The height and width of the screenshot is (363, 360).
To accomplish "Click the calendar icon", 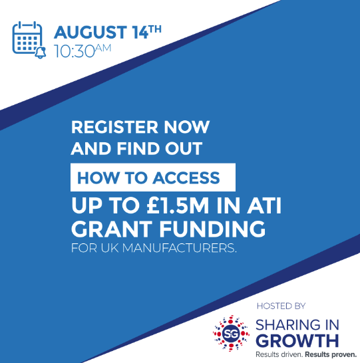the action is [28, 39].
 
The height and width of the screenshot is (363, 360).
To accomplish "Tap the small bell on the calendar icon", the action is [41, 53].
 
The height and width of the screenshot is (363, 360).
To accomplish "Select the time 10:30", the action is [75, 51].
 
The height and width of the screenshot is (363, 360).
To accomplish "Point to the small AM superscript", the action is [103, 48].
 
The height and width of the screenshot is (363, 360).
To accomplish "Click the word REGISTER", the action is [114, 127].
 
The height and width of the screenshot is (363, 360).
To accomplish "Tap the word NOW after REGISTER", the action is [187, 127].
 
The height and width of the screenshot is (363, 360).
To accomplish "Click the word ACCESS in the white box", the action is [186, 178].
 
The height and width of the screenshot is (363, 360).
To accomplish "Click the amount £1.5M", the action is [178, 205].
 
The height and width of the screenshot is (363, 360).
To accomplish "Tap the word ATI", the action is [264, 205].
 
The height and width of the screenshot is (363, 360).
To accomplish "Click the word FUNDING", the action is [212, 229].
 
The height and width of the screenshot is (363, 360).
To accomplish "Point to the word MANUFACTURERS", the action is [179, 248].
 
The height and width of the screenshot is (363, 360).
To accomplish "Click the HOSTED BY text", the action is [281, 306].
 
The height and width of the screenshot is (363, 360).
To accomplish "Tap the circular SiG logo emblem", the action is [231, 333].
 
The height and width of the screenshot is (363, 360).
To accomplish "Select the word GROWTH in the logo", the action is [297, 340].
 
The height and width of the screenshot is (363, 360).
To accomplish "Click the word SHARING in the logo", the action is [287, 325].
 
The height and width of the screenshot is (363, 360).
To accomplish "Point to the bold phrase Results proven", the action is [331, 354].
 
